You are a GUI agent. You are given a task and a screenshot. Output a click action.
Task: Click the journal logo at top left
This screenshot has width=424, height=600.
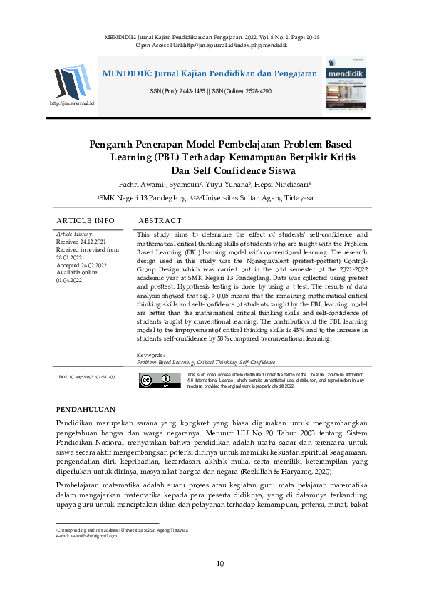point(71,81)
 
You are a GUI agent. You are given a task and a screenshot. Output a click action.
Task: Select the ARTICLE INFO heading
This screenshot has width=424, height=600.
point(86,221)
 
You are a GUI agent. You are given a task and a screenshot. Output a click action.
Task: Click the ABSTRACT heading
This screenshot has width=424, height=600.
point(160,221)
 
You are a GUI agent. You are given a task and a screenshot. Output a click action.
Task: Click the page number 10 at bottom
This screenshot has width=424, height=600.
point(220,564)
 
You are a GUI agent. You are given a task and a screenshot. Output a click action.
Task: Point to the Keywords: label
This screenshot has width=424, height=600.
point(150,354)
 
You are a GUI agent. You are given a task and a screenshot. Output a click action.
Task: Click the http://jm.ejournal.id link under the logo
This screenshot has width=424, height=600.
point(71,104)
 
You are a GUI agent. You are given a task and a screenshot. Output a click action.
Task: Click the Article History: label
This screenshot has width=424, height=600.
point(75,234)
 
